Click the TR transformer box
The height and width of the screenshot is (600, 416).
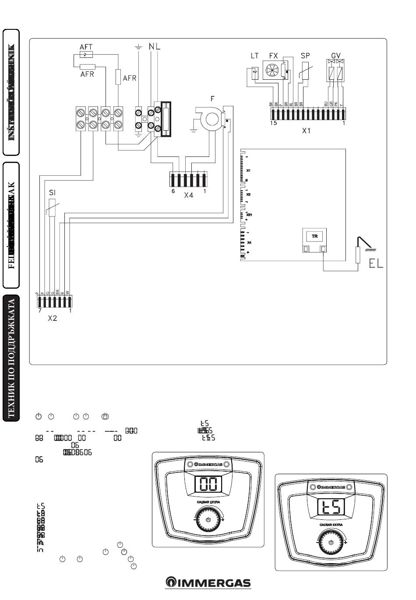(314, 237)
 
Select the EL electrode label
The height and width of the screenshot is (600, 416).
(376, 263)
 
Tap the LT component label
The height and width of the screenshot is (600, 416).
(255, 56)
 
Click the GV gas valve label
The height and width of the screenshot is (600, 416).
(336, 56)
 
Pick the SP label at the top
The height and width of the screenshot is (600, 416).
(305, 56)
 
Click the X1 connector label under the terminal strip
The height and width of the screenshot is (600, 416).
(306, 130)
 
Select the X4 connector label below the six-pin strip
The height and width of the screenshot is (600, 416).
(188, 195)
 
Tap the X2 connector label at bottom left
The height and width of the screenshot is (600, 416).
(53, 318)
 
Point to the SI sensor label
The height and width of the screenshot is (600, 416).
(52, 193)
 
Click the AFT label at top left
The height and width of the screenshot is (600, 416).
(86, 46)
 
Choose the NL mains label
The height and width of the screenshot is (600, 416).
(155, 46)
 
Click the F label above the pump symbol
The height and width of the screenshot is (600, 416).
(213, 99)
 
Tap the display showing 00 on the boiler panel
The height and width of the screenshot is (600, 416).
(208, 484)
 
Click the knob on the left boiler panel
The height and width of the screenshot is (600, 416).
(208, 519)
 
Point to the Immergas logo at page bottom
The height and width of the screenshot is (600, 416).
(208, 583)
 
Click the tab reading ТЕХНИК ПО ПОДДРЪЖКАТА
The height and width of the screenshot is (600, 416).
(11, 357)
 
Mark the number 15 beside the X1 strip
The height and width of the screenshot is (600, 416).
(273, 123)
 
